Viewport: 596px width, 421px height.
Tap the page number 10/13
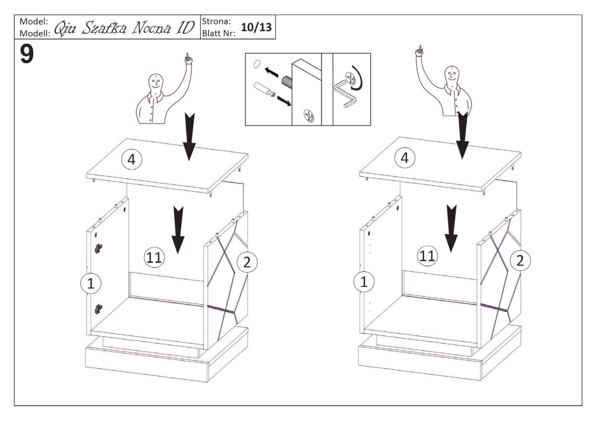[x=256, y=27]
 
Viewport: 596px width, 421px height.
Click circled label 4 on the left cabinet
[x=132, y=159]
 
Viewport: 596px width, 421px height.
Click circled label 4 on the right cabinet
[x=404, y=158]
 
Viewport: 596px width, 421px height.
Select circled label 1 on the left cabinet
[x=91, y=283]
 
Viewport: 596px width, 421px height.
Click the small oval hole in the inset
[x=256, y=64]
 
